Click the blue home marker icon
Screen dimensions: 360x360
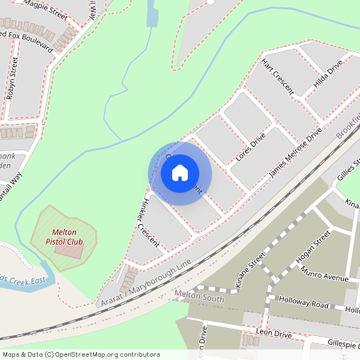point(180,173)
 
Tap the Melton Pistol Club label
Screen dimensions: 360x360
point(63,236)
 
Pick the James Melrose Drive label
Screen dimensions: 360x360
point(295,152)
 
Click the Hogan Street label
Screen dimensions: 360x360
point(313,249)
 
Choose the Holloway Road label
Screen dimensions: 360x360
point(304,304)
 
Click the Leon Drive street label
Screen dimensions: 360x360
point(273,334)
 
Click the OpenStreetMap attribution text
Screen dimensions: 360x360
point(81,354)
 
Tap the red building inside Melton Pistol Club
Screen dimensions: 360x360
point(68,249)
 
